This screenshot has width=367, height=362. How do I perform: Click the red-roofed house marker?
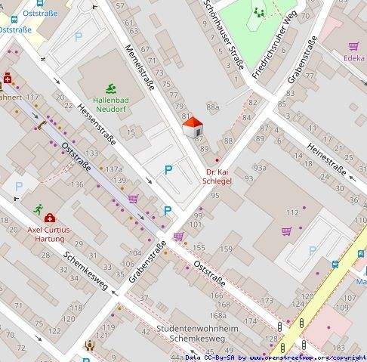coord(193,126)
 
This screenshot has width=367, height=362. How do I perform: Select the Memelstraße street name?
coord(139,69)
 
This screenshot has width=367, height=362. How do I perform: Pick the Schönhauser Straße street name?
coord(224,35)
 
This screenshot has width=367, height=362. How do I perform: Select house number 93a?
coord(259,167)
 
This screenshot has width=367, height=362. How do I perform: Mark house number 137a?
coord(114,170)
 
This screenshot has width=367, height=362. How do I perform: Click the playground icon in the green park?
coord(260,11)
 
